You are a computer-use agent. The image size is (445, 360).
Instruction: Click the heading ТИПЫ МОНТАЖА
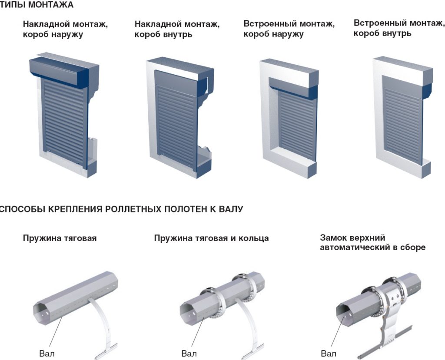pos(37,5)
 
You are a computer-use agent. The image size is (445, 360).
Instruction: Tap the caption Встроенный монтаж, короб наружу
pos(289,29)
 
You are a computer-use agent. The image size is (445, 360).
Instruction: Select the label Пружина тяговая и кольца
pos(211,238)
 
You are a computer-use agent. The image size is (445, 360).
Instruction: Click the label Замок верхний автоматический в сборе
pos(372,243)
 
